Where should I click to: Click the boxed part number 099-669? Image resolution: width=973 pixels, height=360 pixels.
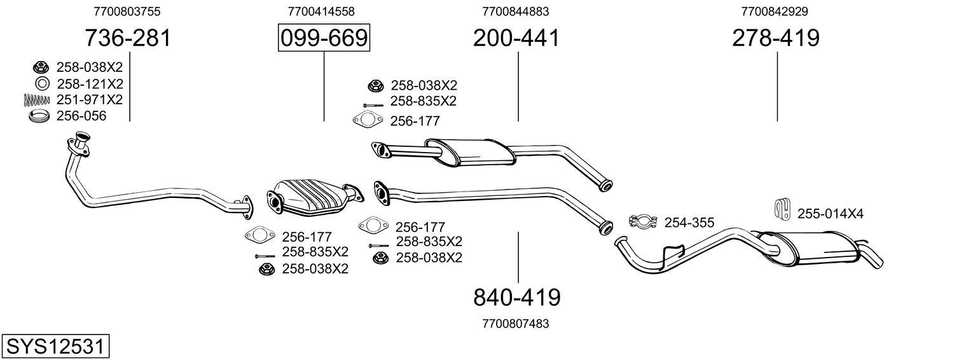point(324,38)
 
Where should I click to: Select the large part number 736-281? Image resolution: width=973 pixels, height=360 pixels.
point(128,38)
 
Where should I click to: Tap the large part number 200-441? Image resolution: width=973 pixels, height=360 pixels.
point(516,38)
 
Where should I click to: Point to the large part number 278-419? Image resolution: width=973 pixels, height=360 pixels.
point(776,38)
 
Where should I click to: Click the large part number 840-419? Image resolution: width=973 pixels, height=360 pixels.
point(517,296)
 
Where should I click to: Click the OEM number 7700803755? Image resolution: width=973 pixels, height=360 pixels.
point(127,11)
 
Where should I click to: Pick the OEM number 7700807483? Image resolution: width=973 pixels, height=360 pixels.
point(516,324)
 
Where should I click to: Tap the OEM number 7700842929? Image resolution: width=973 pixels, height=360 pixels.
point(775,11)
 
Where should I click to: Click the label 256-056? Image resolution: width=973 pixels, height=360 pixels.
point(81,116)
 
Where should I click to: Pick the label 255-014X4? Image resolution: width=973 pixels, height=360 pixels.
point(830,214)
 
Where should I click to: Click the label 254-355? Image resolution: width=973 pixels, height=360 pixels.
point(689,223)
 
